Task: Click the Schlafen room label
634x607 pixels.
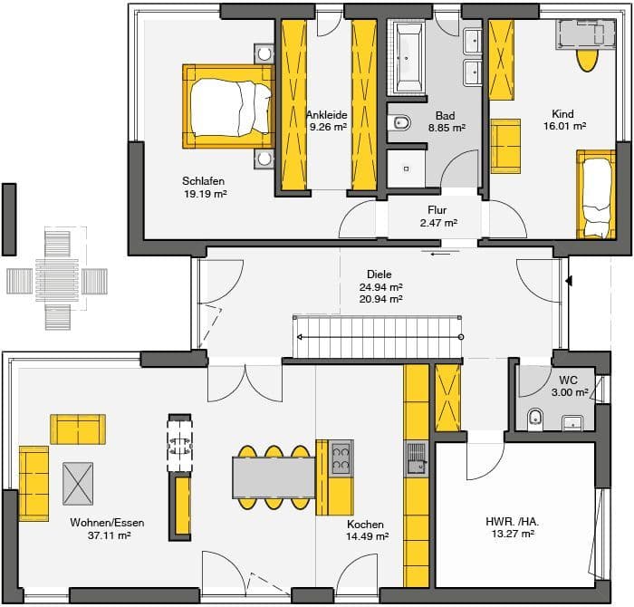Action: click(x=203, y=181)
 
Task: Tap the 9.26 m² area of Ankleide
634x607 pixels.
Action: click(x=328, y=127)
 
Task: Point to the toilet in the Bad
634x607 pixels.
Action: click(x=400, y=122)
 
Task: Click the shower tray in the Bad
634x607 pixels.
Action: click(x=407, y=169)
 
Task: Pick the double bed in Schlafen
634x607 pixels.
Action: click(x=227, y=107)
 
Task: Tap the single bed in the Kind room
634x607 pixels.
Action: click(x=596, y=195)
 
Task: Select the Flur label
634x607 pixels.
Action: click(x=437, y=210)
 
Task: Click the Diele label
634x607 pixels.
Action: click(x=379, y=275)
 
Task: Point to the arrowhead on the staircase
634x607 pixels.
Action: click(x=300, y=337)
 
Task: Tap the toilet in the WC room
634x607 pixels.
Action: click(x=536, y=419)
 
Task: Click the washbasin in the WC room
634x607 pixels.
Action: click(x=572, y=423)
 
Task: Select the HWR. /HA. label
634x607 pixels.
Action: click(x=513, y=522)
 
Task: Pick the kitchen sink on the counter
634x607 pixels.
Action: click(x=417, y=458)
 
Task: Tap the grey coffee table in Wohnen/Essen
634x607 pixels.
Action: click(x=78, y=484)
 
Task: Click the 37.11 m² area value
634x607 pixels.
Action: click(x=110, y=535)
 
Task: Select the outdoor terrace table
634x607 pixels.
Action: click(x=57, y=279)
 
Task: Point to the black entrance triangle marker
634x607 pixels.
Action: click(x=570, y=280)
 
